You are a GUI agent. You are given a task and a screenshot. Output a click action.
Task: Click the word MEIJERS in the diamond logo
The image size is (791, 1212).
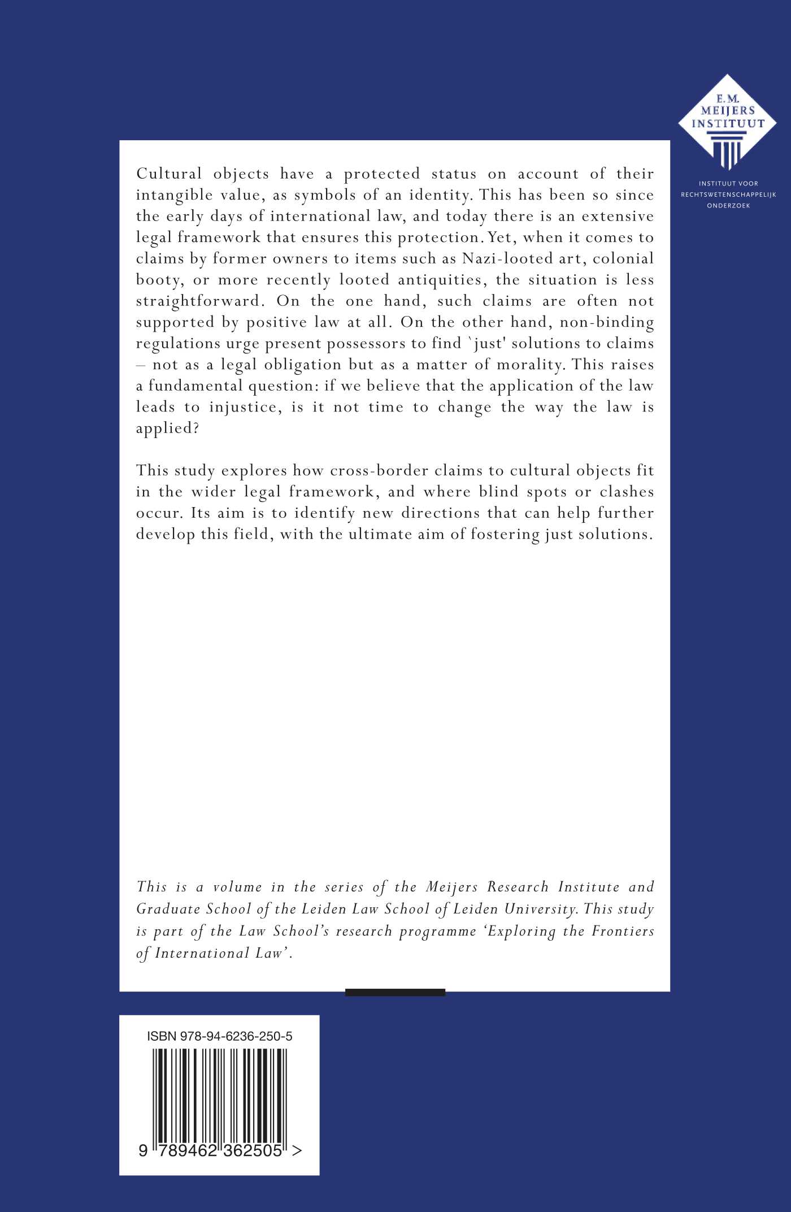coord(728,111)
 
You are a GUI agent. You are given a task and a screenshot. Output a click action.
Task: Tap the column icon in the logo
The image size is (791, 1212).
coord(728,149)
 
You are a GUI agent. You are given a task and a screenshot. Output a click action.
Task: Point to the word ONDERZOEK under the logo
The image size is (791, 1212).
coord(728,206)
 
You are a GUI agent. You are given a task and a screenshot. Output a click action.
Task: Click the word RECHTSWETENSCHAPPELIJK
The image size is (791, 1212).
coord(728,194)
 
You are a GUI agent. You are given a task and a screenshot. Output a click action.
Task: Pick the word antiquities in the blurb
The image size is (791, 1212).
coord(441,280)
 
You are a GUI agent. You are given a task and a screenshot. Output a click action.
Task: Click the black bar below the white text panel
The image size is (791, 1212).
coord(395,992)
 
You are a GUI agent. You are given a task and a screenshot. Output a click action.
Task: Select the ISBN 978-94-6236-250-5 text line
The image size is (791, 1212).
coord(219,1036)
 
